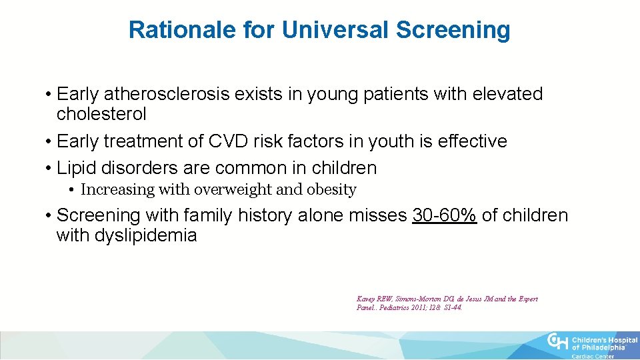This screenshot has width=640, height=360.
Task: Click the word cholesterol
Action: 101,114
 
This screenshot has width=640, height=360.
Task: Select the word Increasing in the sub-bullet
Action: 117,190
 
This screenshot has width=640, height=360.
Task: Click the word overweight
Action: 233,190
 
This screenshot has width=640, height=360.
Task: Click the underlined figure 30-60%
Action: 445,215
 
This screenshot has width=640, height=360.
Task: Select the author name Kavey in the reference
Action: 367,299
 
